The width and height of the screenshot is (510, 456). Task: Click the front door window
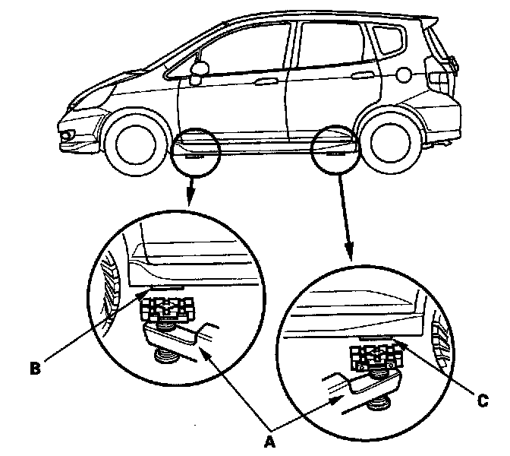pos(235,50)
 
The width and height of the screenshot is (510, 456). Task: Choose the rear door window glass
pos(330,46)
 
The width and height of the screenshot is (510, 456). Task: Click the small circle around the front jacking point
pos(195,152)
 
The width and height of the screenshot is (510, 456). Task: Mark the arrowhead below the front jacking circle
pos(189,202)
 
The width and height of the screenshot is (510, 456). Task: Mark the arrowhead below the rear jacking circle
pos(351,254)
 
